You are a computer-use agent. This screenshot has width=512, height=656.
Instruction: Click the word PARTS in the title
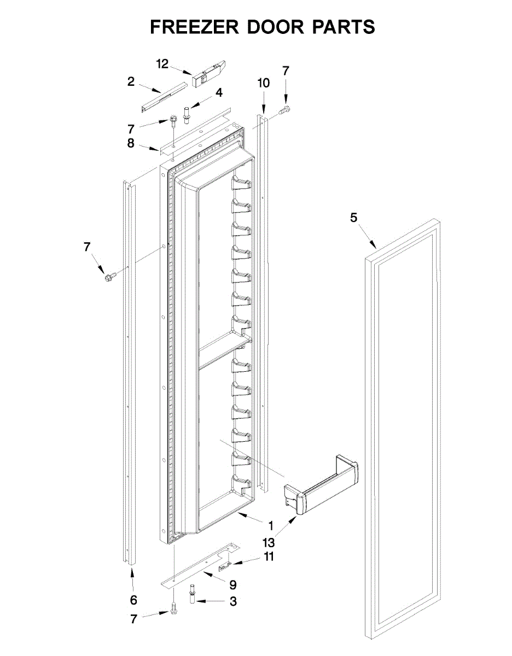point(343,27)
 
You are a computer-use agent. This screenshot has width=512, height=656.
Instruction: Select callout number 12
point(162,64)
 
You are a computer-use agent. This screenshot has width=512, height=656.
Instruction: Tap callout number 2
point(131,82)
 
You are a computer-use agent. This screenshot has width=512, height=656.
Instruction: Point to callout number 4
point(219,93)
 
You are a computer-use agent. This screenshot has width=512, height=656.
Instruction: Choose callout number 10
point(264,83)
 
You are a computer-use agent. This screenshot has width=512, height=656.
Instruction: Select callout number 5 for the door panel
point(353,218)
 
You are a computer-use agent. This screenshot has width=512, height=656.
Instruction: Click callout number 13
point(269,543)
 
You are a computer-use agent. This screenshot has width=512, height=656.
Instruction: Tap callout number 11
point(269,557)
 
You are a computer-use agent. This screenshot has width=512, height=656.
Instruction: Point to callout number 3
point(234,601)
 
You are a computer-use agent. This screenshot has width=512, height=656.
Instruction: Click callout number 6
point(133,600)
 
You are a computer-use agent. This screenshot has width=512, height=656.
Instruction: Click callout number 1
point(270,526)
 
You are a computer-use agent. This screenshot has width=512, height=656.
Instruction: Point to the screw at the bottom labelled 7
point(174,608)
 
